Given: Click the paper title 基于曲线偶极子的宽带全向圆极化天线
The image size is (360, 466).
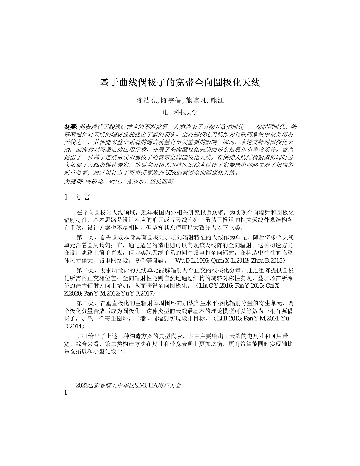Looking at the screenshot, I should tap(180, 83).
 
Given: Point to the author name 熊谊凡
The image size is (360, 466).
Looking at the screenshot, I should tap(196, 100).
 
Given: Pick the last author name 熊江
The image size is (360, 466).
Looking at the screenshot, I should tap(216, 100).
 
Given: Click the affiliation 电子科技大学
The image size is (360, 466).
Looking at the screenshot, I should tap(180, 112).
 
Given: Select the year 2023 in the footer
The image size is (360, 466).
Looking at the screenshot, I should tap(81, 385).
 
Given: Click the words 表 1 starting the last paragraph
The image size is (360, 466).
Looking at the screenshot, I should tap(83, 336).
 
